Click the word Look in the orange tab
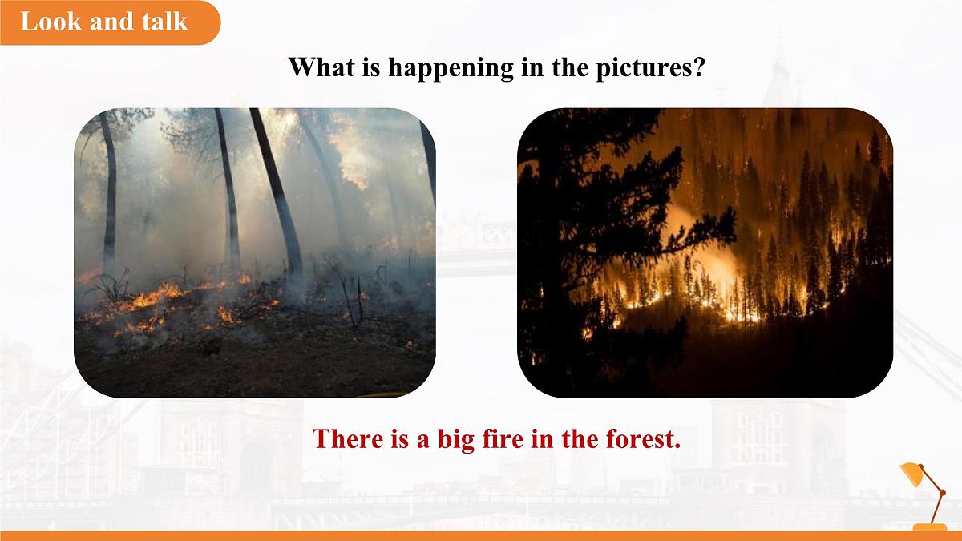click(51, 21)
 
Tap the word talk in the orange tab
click(165, 21)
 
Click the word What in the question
click(321, 67)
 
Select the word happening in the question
click(451, 68)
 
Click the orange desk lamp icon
click(924, 495)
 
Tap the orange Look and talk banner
click(110, 22)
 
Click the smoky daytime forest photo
click(255, 252)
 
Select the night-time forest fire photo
click(705, 252)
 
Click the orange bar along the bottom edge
click(481, 536)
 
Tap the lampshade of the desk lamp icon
click(911, 473)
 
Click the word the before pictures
click(569, 67)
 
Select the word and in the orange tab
click(111, 21)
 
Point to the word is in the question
click(371, 67)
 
